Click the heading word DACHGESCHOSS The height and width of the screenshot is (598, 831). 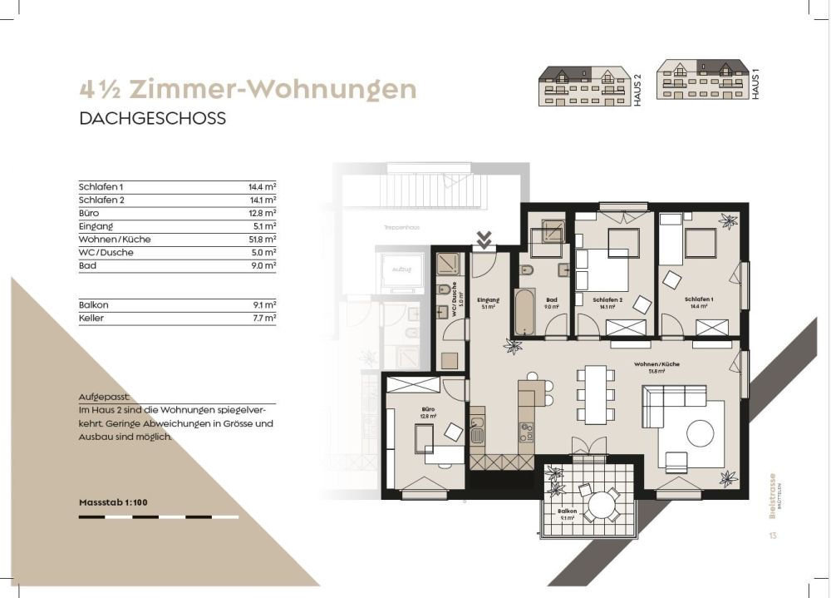(152, 119)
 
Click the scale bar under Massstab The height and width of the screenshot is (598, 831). (158, 516)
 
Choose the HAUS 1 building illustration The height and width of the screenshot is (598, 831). (701, 80)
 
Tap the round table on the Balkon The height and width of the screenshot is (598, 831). (600, 504)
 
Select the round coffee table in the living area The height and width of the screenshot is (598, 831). (699, 432)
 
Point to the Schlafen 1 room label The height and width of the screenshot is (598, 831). (698, 301)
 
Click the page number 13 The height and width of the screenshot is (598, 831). (773, 535)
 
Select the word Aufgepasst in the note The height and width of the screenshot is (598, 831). (106, 398)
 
